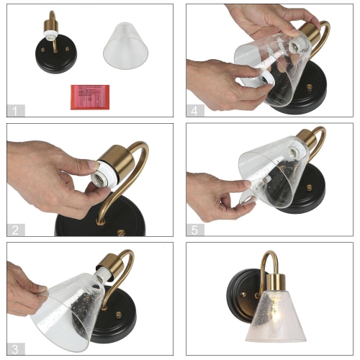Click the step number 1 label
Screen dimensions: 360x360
click(14, 110)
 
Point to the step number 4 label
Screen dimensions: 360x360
click(194, 110)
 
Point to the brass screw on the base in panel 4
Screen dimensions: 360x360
click(310, 89)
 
